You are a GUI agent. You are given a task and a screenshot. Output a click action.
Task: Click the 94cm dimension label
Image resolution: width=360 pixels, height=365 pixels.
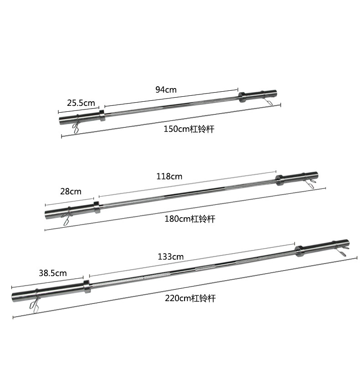(166, 89)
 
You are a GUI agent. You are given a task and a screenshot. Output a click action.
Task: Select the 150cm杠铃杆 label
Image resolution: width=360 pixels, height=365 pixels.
(189, 129)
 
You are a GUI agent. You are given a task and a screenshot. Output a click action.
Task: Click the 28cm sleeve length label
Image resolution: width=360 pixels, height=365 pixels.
(70, 191)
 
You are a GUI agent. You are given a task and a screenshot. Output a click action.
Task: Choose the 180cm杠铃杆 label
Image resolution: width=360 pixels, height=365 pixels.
(190, 219)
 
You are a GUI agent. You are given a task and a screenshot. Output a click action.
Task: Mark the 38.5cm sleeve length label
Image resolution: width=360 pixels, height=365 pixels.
(52, 273)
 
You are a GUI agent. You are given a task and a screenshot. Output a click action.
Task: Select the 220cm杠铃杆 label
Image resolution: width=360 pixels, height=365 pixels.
(190, 298)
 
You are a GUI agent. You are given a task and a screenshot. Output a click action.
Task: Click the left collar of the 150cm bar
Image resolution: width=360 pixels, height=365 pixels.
(102, 115)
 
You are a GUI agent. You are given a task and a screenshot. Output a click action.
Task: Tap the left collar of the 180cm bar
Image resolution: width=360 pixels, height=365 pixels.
(97, 207)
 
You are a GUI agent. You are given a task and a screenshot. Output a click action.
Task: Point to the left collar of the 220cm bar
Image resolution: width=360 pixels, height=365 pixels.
(86, 287)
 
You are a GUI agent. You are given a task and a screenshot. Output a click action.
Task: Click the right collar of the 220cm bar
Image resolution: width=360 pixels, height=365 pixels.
(299, 250)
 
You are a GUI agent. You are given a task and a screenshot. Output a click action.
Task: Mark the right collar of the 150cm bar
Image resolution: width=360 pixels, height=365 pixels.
(241, 96)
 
